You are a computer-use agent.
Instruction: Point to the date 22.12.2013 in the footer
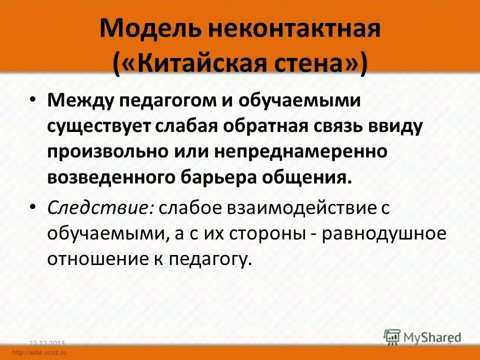[47, 343]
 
